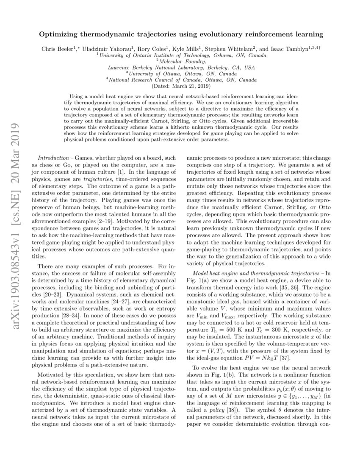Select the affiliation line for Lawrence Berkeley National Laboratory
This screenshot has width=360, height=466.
tap(181, 67)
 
